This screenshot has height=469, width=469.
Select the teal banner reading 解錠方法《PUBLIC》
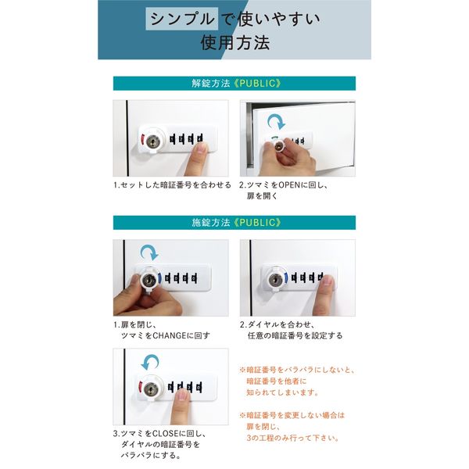click(234, 83)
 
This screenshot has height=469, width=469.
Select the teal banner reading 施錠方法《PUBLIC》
click(234, 223)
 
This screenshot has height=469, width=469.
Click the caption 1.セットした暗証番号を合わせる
click(172, 185)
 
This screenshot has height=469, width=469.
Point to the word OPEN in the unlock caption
click(291, 185)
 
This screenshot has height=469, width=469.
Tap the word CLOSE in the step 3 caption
click(173, 433)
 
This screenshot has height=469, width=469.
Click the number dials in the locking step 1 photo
click(182, 277)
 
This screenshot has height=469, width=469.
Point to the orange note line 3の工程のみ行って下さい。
click(293, 438)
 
